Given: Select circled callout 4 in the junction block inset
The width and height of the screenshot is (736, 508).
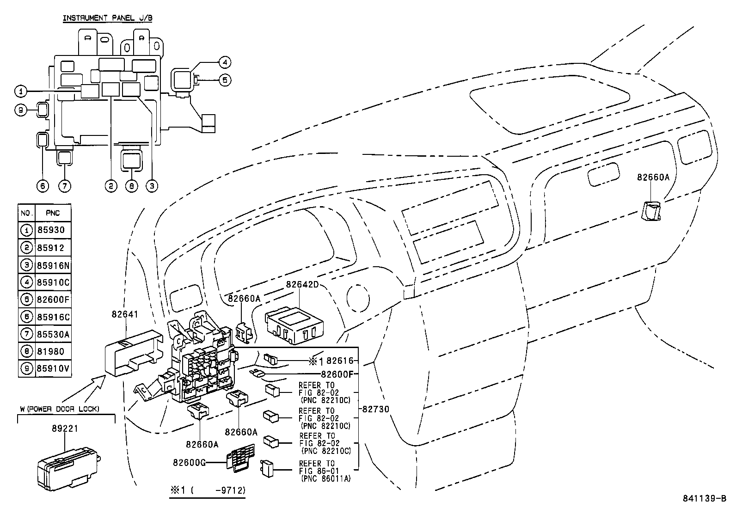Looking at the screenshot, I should coord(224,62).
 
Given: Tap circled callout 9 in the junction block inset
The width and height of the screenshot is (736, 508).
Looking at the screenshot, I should coord(21,110).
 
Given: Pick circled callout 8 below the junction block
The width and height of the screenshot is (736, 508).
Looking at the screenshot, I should coord(132,186).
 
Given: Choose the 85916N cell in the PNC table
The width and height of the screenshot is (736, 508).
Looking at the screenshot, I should coord(53,265).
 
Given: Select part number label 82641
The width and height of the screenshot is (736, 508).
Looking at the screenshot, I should coord(125,314).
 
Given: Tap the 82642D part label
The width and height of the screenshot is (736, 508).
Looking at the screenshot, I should coord(302,285).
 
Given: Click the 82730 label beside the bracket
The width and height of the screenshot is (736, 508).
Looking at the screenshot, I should coord(376,409).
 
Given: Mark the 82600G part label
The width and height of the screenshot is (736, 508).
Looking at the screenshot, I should coord(189,462).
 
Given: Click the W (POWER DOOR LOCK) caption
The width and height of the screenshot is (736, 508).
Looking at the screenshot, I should coord(60,409).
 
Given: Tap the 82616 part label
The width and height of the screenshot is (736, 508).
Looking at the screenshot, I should coord(340,361).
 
